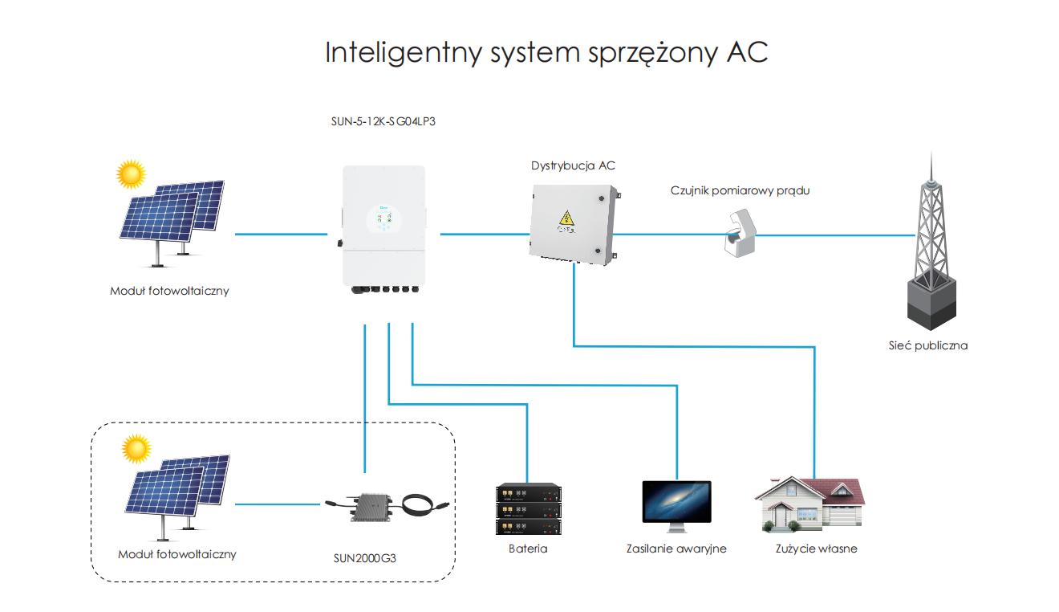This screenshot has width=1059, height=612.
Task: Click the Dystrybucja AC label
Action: tap(573, 166)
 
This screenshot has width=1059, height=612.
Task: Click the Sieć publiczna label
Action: tap(928, 346)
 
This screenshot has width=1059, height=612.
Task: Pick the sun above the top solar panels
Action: tap(131, 173)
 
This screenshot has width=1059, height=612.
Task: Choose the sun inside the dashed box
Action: tap(136, 447)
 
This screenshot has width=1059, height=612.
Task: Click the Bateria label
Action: tap(528, 549)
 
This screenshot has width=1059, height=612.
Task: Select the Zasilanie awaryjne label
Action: tap(676, 549)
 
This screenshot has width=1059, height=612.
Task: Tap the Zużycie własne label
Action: tap(817, 549)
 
